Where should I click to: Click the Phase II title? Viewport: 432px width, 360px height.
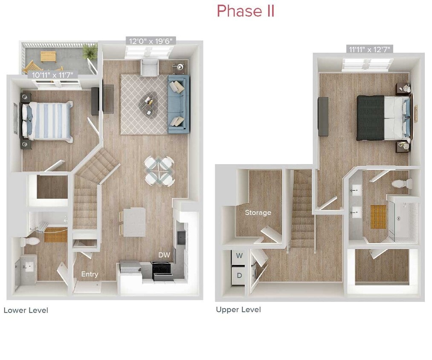[x=245, y=11]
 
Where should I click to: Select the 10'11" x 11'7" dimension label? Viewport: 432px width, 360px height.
[x=52, y=75]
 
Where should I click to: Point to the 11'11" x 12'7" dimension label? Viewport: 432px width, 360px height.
[x=369, y=49]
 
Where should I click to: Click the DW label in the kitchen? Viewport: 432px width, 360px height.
[x=164, y=255]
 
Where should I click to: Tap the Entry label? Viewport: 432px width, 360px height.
[x=90, y=274]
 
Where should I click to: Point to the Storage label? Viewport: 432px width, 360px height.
[x=258, y=212]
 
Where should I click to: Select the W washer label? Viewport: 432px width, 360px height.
[x=239, y=256]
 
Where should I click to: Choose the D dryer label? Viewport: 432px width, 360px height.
[x=239, y=276]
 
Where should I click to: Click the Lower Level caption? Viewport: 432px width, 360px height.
[x=26, y=310]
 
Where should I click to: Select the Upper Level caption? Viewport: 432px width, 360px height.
[x=238, y=310]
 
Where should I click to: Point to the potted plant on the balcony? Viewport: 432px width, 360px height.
[x=90, y=52]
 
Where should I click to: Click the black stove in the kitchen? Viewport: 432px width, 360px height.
[x=162, y=270]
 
